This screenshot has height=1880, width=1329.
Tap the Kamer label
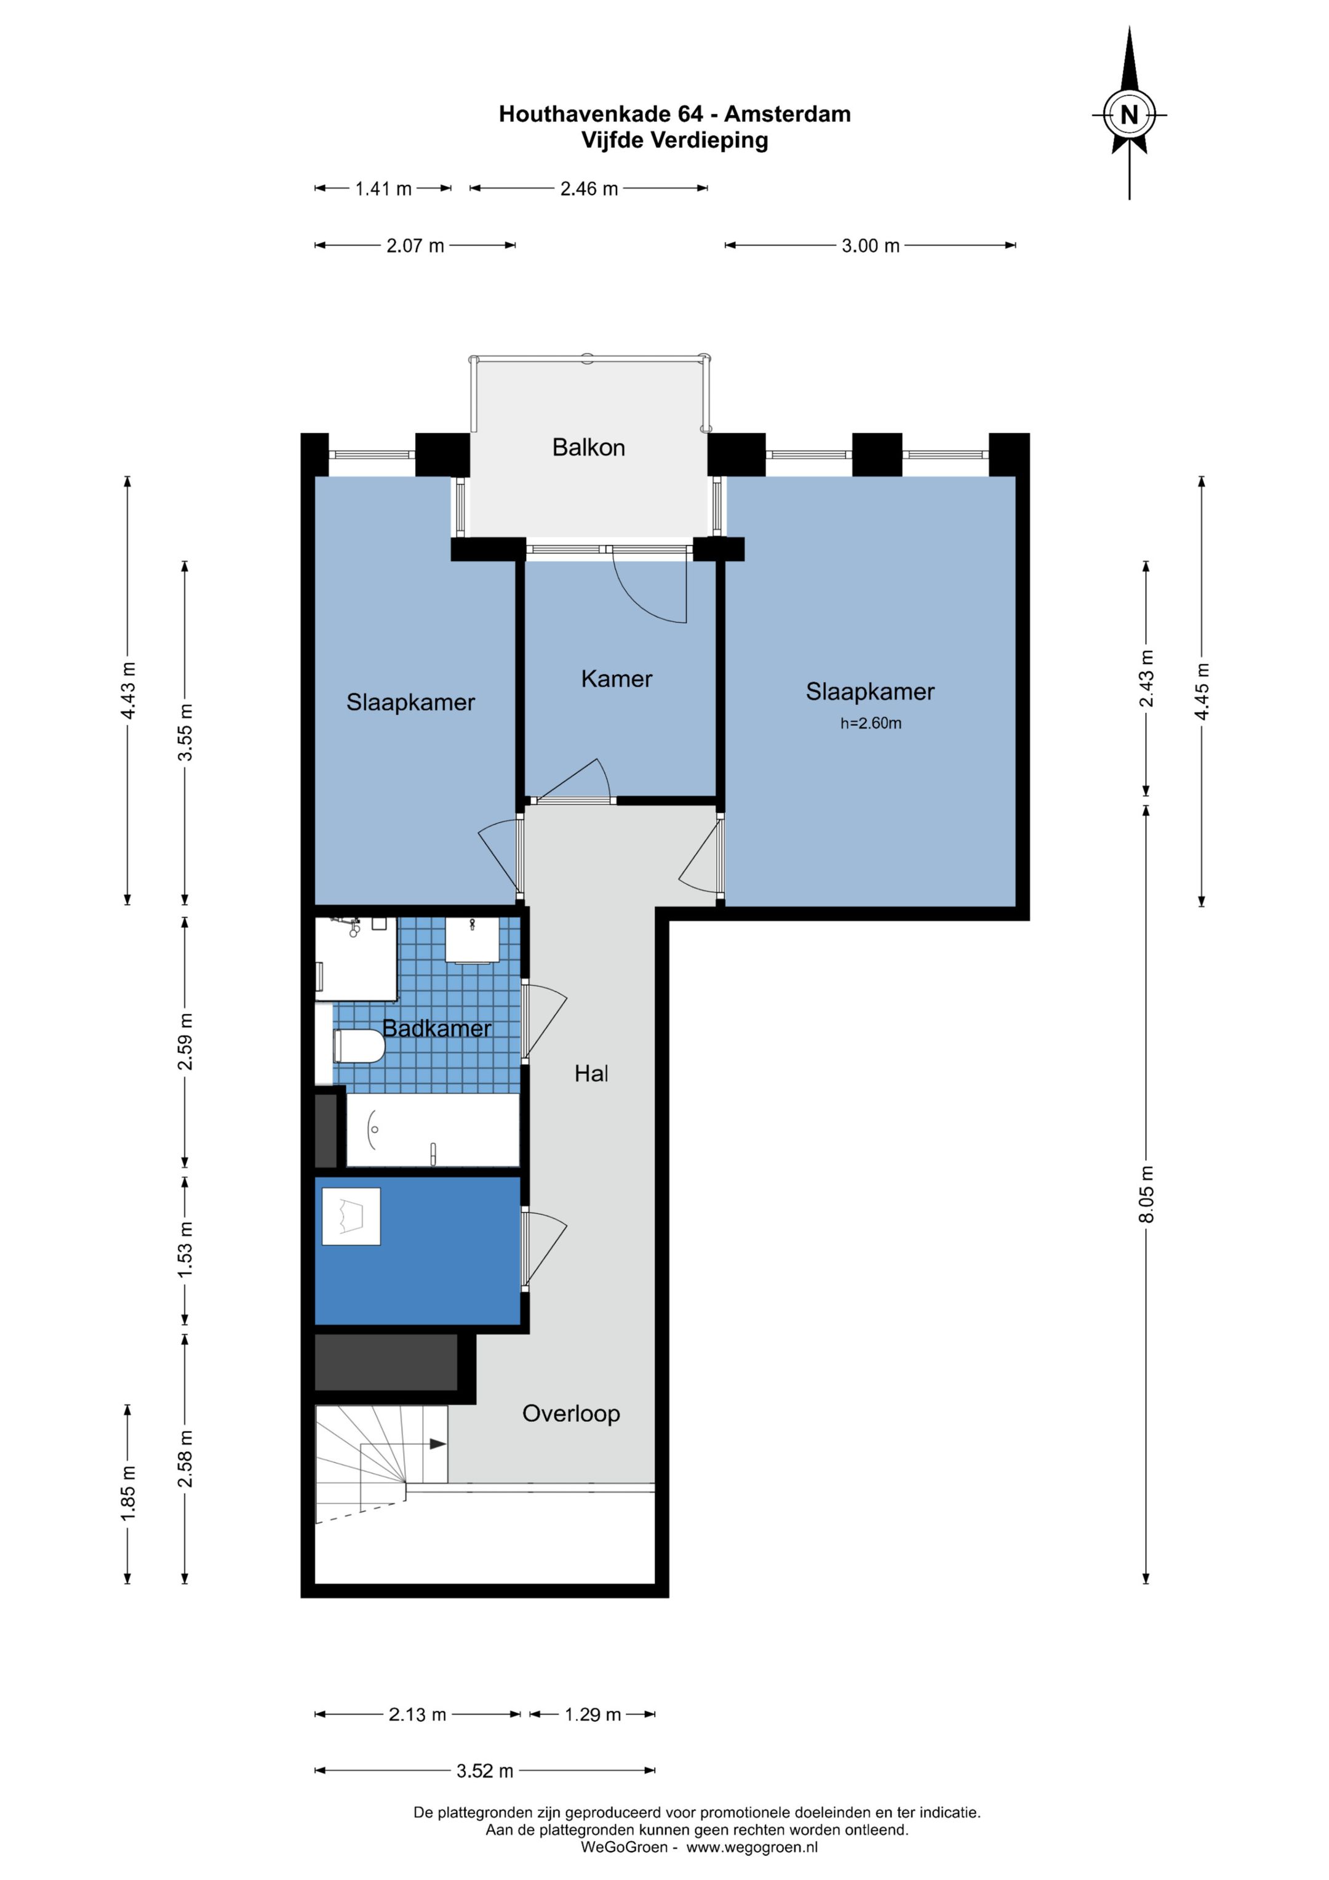617,679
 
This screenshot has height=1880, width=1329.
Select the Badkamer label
437,1028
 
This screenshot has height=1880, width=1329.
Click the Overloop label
571,1413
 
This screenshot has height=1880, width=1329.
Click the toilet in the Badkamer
359,1046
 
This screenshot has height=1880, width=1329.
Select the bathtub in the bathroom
433,1130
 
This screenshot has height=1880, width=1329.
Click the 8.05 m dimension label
1146,1194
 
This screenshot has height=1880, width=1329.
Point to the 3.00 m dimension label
871,246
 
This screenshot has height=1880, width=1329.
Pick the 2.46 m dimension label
589,189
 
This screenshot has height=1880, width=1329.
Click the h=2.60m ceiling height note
871,723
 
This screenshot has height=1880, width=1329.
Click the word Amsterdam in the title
788,114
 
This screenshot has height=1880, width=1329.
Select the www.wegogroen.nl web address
752,1847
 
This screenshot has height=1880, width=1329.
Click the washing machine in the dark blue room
351,1216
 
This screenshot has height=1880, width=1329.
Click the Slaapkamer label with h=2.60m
870,692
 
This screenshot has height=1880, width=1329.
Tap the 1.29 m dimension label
593,1714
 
